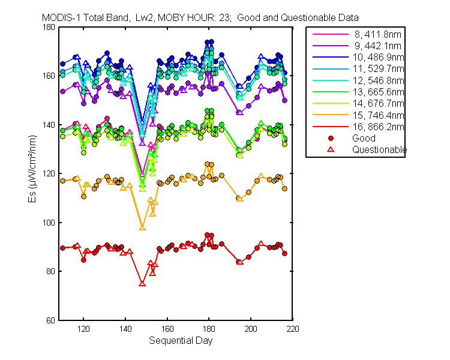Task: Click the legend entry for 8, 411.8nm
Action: pyautogui.click(x=377, y=34)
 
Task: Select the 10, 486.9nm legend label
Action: pyautogui.click(x=378, y=58)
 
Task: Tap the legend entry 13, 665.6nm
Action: pyautogui.click(x=378, y=92)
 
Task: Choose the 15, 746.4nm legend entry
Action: pyautogui.click(x=378, y=115)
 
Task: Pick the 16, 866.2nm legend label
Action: pyautogui.click(x=378, y=127)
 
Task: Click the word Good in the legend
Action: pyautogui.click(x=364, y=138)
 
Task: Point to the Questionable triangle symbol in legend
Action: pyautogui.click(x=331, y=149)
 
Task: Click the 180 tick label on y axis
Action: pyautogui.click(x=49, y=27)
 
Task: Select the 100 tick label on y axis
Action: pyautogui.click(x=49, y=223)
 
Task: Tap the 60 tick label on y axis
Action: pyautogui.click(x=50, y=320)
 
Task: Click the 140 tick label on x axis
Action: pyautogui.click(x=125, y=329)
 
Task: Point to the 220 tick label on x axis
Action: pyautogui.click(x=293, y=329)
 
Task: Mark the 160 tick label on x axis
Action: pyautogui.click(x=167, y=329)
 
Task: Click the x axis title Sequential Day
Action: pyautogui.click(x=181, y=340)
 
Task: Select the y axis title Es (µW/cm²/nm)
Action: pyautogui.click(x=32, y=169)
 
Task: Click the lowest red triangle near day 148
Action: pyautogui.click(x=142, y=284)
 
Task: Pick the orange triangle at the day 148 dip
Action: pyautogui.click(x=142, y=227)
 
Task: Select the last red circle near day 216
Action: pyautogui.click(x=284, y=253)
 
